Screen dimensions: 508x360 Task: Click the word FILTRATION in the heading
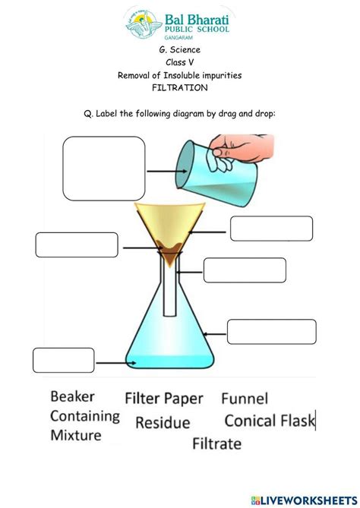179,87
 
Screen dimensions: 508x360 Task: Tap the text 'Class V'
179,62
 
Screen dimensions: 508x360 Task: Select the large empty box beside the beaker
104,169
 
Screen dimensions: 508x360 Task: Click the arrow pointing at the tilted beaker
161,172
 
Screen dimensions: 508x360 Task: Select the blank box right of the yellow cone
271,229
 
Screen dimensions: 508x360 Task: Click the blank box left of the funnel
77,245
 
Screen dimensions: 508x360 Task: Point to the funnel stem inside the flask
171,289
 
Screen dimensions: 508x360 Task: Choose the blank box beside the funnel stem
245,270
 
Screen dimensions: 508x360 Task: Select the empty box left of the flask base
63,360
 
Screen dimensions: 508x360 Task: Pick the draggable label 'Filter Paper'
164,398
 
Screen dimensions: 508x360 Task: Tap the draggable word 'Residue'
163,423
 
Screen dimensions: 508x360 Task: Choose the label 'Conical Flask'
270,420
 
